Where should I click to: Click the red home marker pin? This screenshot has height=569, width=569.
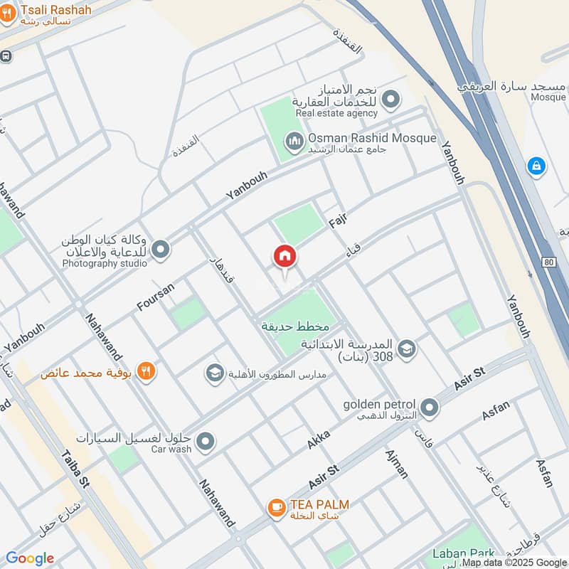(x=284, y=257)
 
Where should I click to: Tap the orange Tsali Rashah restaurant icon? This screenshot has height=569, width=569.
(x=7, y=14)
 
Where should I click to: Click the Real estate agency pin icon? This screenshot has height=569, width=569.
(x=390, y=102)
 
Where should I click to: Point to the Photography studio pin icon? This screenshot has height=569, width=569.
(x=161, y=249)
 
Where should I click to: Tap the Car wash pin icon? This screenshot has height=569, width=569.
(x=206, y=442)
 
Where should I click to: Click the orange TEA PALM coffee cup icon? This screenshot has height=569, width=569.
(x=276, y=507)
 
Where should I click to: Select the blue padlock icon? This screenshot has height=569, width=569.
(x=536, y=166)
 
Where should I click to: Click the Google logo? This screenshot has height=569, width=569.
(x=30, y=558)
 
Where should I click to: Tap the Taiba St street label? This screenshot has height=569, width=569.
(x=75, y=470)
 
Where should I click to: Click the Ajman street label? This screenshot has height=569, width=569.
(x=396, y=464)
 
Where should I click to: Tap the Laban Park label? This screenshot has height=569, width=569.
(x=464, y=553)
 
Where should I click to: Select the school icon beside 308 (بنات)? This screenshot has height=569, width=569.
(x=406, y=349)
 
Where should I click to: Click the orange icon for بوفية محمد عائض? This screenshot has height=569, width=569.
(x=147, y=371)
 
